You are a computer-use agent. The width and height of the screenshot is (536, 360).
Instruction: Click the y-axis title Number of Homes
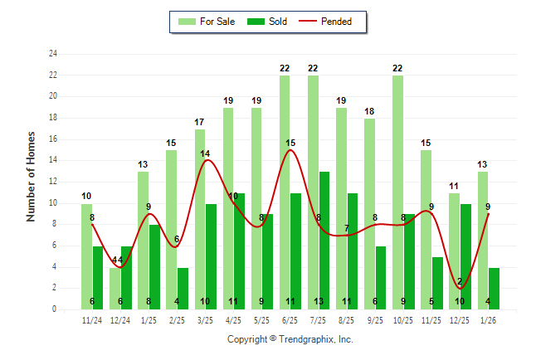[x=32, y=176]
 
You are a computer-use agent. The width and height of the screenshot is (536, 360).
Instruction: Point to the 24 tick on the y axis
[x=53, y=54]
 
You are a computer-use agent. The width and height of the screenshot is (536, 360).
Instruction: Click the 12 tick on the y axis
[x=53, y=182]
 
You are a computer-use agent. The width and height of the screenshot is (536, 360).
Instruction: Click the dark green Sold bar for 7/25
[x=324, y=241]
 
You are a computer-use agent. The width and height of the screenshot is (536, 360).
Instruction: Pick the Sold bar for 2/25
[x=183, y=289]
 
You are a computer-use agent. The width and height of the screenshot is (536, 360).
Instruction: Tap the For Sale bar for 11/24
[x=86, y=256]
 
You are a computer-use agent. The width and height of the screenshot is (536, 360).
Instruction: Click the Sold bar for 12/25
[x=465, y=256]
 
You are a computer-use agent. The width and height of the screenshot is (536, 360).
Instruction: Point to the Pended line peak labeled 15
[x=290, y=150]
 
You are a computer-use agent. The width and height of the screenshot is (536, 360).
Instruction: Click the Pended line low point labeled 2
[x=460, y=288]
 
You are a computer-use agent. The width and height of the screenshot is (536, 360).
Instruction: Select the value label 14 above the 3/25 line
[x=205, y=153]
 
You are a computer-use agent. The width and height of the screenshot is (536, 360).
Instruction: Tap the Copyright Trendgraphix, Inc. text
[x=290, y=339]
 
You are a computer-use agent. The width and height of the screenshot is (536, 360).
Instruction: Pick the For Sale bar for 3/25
[x=200, y=219]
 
